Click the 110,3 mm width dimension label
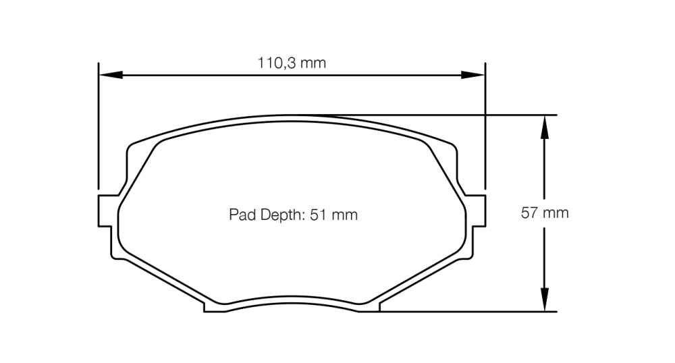click(x=292, y=64)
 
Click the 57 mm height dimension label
click(x=545, y=213)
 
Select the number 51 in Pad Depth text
click(x=321, y=215)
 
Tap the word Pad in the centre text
click(x=240, y=215)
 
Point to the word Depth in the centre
click(x=279, y=215)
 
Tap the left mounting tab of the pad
click(x=105, y=213)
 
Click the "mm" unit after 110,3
click(x=313, y=64)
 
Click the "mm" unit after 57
click(x=556, y=213)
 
